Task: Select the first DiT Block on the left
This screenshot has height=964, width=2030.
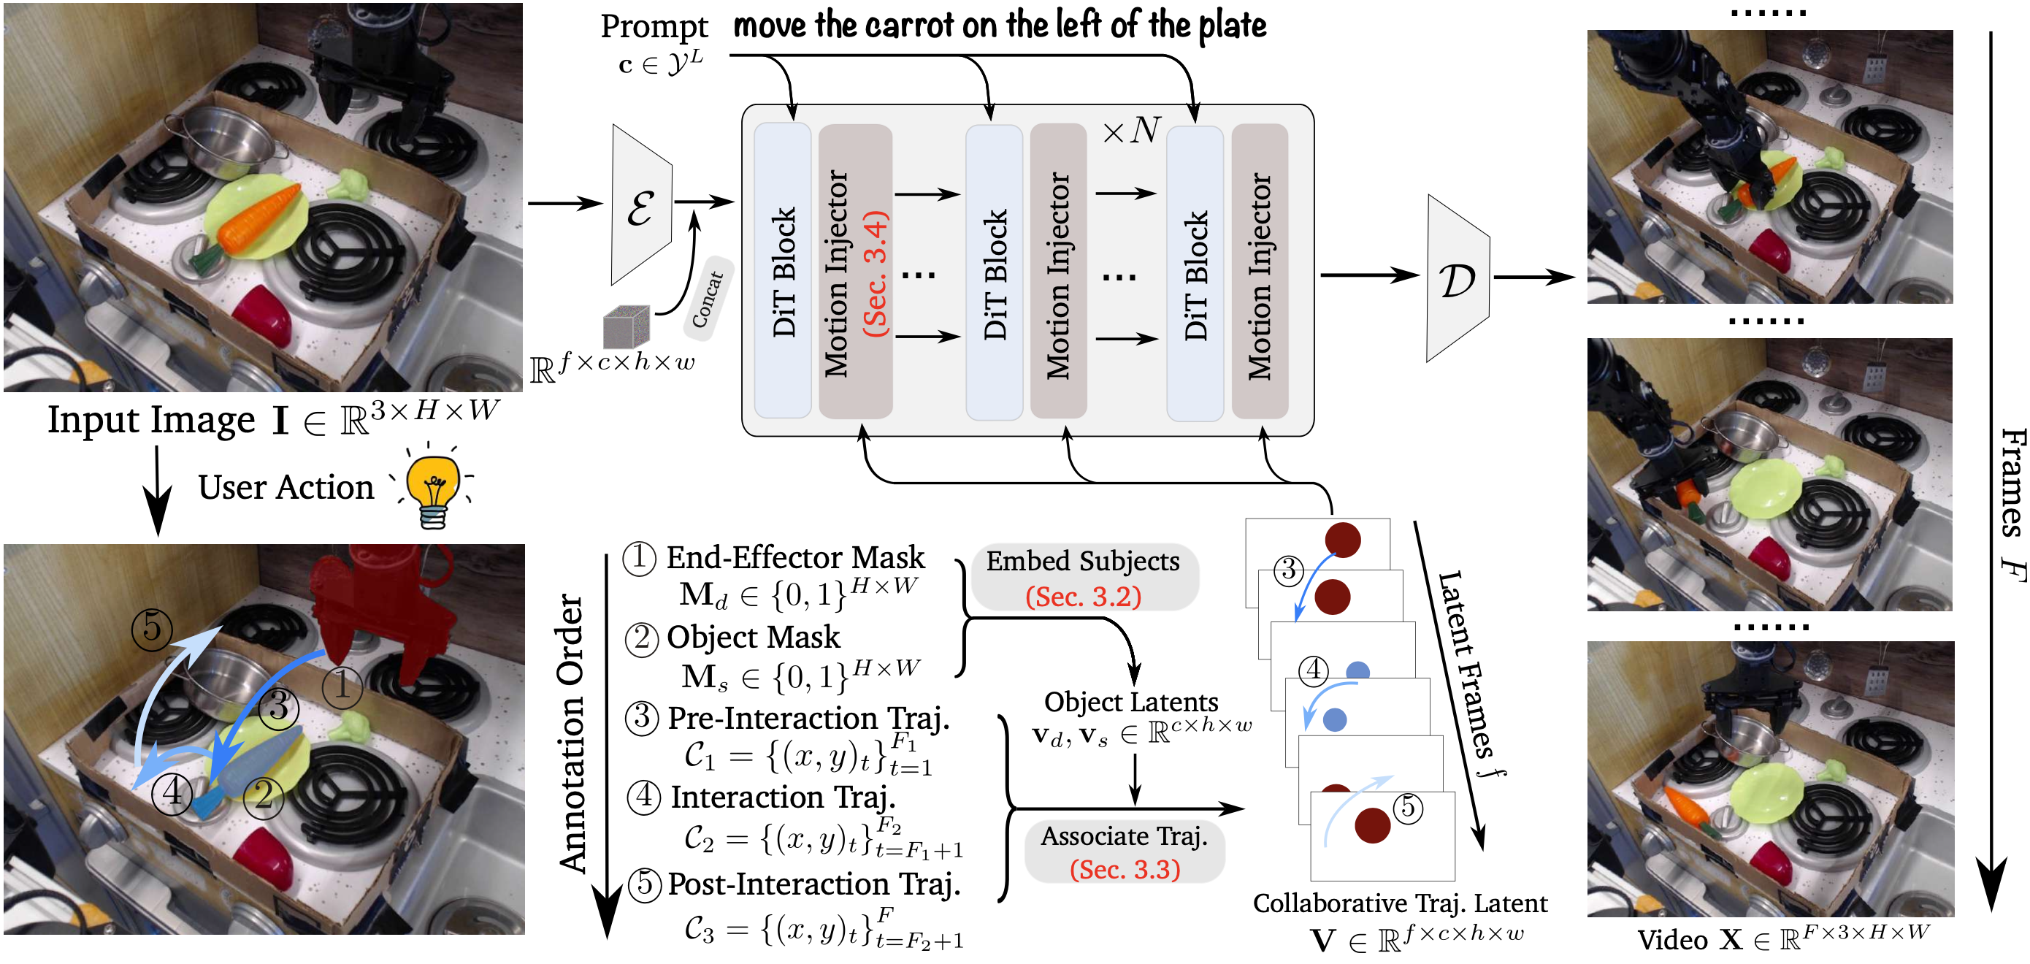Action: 783,270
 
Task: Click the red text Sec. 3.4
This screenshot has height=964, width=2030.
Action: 876,274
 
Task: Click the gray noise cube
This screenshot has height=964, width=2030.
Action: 627,326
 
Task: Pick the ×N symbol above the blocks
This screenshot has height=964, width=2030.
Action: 1132,130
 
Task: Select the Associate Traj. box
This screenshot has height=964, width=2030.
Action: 1124,852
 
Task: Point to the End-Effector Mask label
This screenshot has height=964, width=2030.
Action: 794,557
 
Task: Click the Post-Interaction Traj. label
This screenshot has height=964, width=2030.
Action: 813,884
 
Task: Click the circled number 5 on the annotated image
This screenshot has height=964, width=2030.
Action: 152,629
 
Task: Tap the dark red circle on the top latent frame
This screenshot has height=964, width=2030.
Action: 1343,540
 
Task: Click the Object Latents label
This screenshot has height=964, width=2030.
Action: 1131,702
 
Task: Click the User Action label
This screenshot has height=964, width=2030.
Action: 286,487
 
